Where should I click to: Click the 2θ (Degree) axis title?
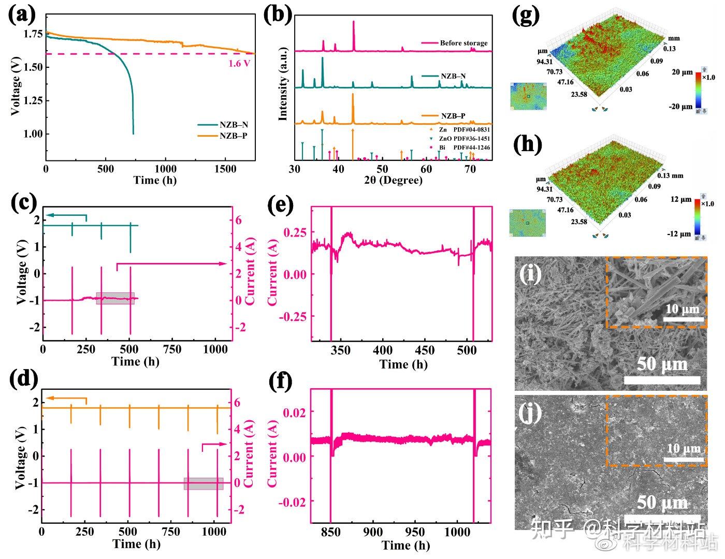coord(392,180)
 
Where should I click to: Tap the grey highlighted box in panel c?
coord(115,298)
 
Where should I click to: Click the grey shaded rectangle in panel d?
coord(204,483)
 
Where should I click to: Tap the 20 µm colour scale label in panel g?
coord(682,72)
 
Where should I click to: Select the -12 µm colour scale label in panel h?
coord(680,234)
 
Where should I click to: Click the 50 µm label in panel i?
coord(662,364)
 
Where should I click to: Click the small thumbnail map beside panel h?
coord(528,223)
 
